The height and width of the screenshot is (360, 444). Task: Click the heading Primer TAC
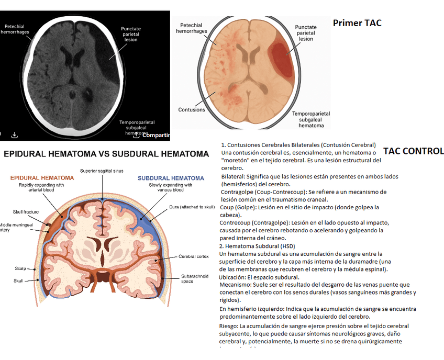click(357, 23)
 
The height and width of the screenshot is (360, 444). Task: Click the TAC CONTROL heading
click(413, 151)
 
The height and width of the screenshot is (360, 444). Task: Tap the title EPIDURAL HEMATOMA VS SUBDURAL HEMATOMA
click(106, 154)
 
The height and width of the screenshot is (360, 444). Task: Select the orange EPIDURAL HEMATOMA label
click(42, 178)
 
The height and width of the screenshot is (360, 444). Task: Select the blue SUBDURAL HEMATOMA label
click(171, 178)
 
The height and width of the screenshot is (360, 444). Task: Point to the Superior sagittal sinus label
click(102, 171)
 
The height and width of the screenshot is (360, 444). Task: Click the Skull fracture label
click(24, 212)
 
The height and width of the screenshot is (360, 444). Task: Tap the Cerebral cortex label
click(194, 256)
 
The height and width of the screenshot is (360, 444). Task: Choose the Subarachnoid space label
click(195, 278)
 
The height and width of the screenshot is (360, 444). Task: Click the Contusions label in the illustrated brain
click(192, 110)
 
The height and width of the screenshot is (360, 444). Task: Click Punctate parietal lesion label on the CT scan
click(130, 34)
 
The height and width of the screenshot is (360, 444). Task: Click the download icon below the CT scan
click(15, 134)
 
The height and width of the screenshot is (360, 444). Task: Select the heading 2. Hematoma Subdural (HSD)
click(258, 246)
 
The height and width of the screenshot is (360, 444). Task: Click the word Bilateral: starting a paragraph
click(232, 177)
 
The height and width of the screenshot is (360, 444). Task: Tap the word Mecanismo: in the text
click(236, 285)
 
